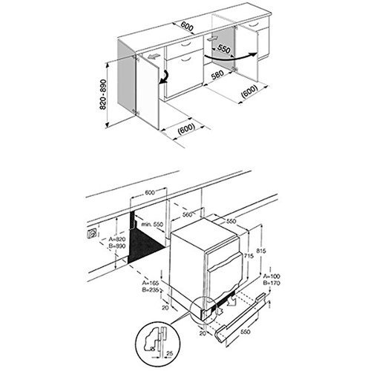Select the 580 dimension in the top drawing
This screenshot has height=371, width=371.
217,75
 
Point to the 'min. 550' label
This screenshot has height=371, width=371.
154,223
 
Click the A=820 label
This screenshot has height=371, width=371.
119,240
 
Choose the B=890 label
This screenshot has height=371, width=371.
119,249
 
